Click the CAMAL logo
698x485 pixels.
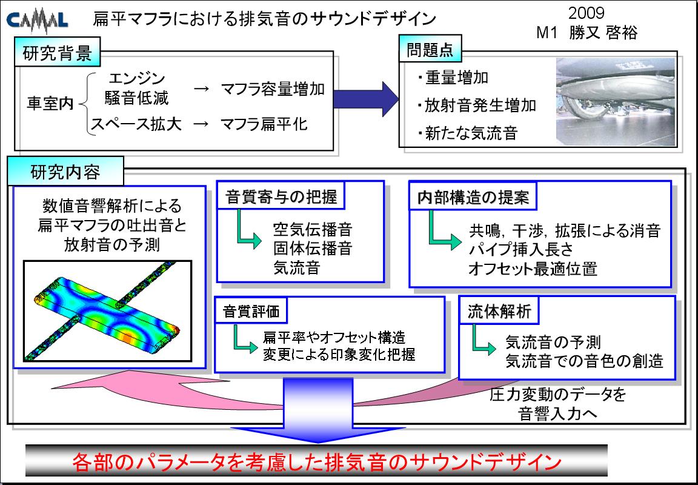(x=38, y=21)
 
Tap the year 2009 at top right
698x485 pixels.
(x=587, y=13)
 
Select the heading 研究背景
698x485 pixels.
(x=57, y=53)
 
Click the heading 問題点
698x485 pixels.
(x=430, y=50)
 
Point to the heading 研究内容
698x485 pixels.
(x=65, y=172)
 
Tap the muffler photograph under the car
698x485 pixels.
(x=616, y=101)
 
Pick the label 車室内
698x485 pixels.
(x=50, y=103)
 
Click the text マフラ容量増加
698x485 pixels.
(x=273, y=89)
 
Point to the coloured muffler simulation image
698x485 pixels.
(x=108, y=311)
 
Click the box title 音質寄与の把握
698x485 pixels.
(x=281, y=196)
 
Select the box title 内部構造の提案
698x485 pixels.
(x=473, y=197)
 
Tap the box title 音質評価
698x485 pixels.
(x=251, y=311)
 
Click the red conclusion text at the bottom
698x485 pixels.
(x=317, y=463)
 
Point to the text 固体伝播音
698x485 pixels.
(x=313, y=248)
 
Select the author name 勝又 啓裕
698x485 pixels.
(x=603, y=33)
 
